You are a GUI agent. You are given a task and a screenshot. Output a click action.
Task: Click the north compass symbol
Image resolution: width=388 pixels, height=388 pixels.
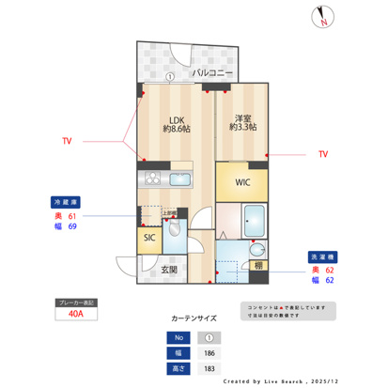click(x=323, y=16)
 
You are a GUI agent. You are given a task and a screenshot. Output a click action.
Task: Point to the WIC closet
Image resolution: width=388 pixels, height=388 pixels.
click(x=242, y=181)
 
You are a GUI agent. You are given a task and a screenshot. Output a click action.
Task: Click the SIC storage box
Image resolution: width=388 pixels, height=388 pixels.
click(x=149, y=238)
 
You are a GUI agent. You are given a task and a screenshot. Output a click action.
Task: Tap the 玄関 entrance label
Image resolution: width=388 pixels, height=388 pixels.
click(x=169, y=269)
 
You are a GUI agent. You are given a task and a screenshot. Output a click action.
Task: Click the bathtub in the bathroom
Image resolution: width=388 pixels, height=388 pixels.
click(x=246, y=224)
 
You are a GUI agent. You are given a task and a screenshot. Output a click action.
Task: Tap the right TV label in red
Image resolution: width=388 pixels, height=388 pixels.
click(x=323, y=153)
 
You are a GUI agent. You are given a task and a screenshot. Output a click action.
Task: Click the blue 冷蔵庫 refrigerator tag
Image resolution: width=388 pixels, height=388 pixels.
click(x=66, y=200)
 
